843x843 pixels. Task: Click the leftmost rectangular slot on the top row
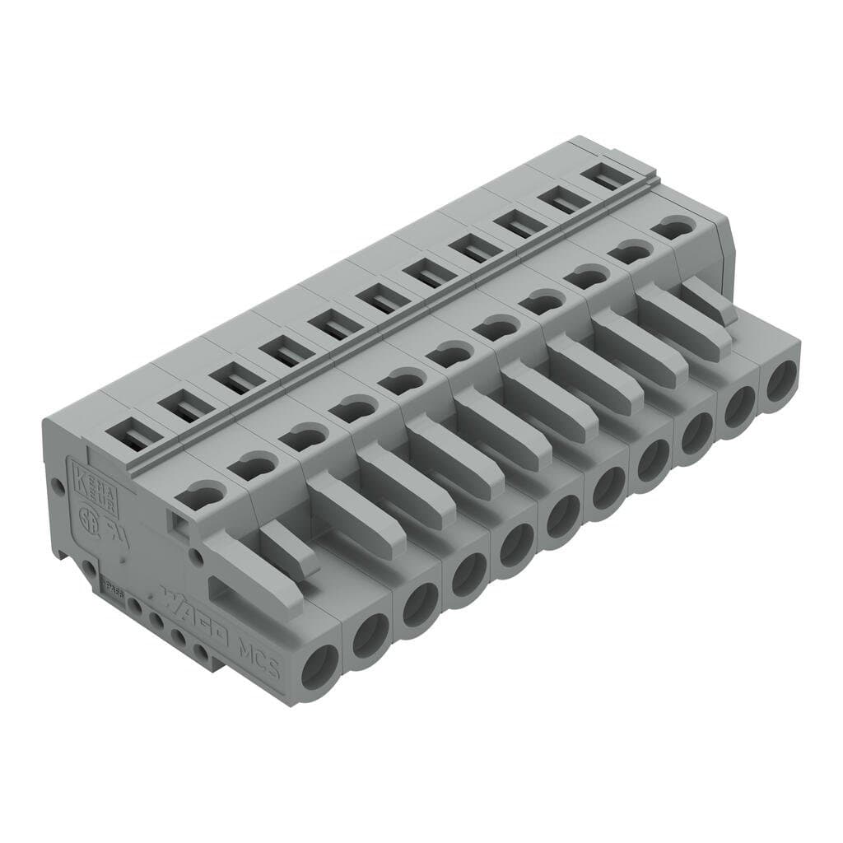pyautogui.click(x=132, y=431)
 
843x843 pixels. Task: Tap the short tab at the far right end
pyautogui.click(x=708, y=300)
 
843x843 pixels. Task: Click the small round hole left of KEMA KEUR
pyautogui.click(x=58, y=486)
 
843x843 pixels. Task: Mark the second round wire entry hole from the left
pyautogui.click(x=370, y=635)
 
